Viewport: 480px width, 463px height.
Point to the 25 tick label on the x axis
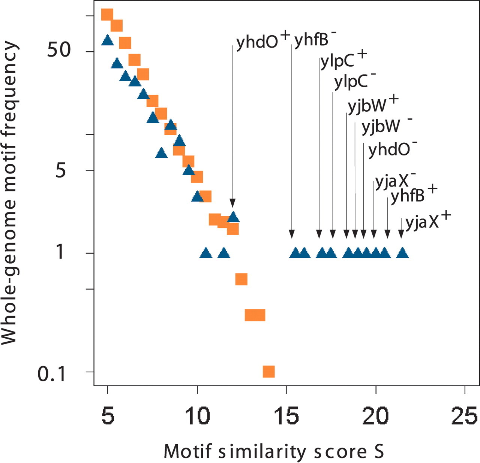coord(464,416)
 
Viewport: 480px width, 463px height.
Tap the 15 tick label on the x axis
coord(286,416)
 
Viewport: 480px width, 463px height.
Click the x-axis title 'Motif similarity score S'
coord(274,451)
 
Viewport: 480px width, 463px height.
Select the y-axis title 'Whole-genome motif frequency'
coord(10,193)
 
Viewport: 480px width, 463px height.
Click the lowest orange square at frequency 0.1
coord(269,372)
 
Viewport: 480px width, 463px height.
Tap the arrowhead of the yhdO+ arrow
coord(232,203)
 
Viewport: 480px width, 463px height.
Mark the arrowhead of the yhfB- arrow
coord(292,234)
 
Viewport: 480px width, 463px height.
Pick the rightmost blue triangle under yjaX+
coord(402,253)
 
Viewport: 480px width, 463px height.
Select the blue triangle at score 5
coord(108,40)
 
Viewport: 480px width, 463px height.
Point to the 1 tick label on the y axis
coord(60,252)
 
